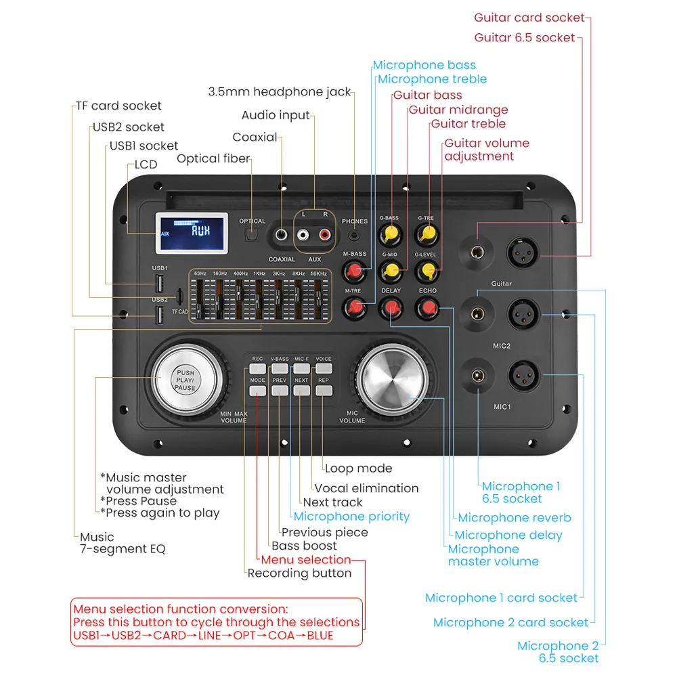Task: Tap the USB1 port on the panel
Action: pos(159,283)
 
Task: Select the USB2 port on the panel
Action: pos(159,315)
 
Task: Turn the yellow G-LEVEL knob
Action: pos(426,271)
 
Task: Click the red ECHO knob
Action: pos(427,308)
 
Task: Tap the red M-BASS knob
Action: pos(354,271)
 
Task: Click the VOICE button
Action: pos(324,369)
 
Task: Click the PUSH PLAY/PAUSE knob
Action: pos(185,379)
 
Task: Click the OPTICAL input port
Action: pos(252,235)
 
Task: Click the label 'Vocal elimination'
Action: pos(366,488)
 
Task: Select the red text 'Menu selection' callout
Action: pos(305,560)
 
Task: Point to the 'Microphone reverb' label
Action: pos(514,518)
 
